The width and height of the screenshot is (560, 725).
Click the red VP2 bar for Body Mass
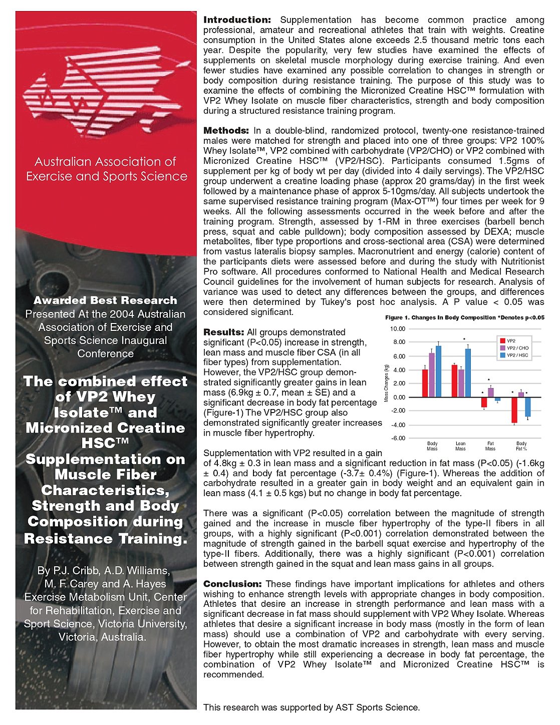tap(425, 384)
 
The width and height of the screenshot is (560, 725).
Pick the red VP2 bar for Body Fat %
tap(514, 410)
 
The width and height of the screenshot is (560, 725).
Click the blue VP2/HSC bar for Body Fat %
tap(527, 407)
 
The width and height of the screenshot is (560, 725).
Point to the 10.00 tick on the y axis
tap(398, 329)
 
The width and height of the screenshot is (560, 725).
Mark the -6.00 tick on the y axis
tap(398, 438)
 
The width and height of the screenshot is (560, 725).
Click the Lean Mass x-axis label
tap(460, 446)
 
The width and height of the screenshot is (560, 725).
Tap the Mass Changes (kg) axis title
tap(386, 384)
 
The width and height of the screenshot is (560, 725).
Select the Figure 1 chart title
tap(464, 317)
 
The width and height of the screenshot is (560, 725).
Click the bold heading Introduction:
tap(237, 20)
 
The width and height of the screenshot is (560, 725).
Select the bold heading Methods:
tap(226, 131)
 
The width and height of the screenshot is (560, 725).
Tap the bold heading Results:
tap(223, 332)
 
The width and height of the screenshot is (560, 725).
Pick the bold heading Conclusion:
tap(232, 584)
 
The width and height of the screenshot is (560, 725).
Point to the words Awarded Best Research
tap(105, 300)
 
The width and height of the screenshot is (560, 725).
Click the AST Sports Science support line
tap(312, 707)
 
